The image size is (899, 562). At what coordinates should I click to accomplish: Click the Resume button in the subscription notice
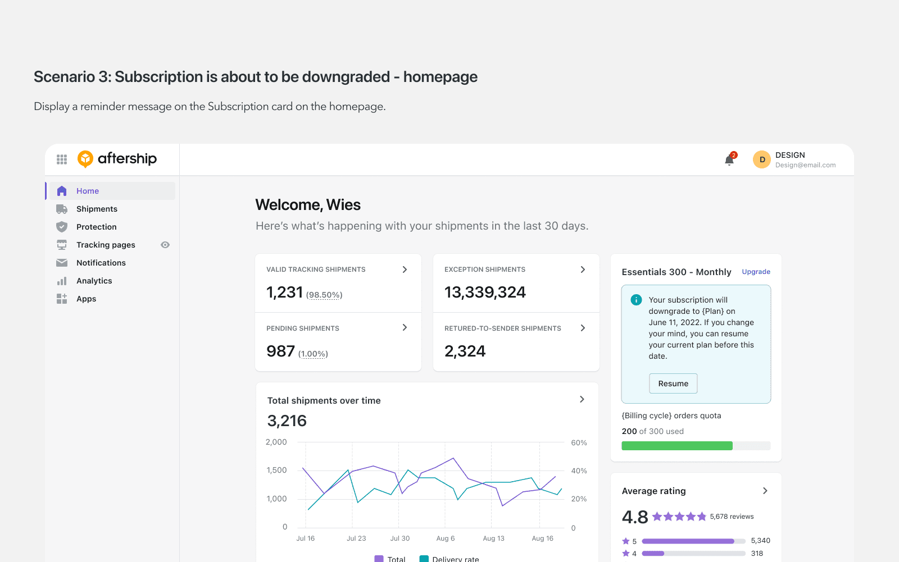pos(673,383)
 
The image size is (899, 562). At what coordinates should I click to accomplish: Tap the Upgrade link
pos(756,272)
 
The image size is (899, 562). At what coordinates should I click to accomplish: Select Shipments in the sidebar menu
pos(97,209)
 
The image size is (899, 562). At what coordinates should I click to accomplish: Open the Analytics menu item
pos(94,281)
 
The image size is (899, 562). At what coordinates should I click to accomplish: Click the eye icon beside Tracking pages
pos(165,245)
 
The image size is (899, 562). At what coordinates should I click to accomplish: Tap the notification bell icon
pos(729,160)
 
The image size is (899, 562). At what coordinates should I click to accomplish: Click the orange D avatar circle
pos(762,159)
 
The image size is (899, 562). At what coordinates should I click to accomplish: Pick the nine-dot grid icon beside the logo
pos(61,159)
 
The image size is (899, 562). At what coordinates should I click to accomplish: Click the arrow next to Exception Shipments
pos(583,269)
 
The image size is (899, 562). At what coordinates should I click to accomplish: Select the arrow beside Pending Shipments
pos(405,328)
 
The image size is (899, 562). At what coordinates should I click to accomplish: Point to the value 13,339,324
pos(485,292)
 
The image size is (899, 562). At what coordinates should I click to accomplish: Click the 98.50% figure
pos(324,295)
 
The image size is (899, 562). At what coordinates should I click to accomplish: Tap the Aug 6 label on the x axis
pos(446,538)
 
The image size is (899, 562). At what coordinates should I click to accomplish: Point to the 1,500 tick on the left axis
pos(276,470)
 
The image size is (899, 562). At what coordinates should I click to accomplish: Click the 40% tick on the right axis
pos(579,470)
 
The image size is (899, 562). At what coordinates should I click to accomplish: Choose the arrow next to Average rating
pos(765,491)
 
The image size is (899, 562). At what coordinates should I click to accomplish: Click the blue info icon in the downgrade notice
pos(636,300)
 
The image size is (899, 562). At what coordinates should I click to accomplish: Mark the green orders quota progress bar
pos(676,446)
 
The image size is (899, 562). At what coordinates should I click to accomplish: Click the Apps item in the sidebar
pos(87,299)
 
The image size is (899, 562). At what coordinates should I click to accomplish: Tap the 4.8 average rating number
pos(634,517)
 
